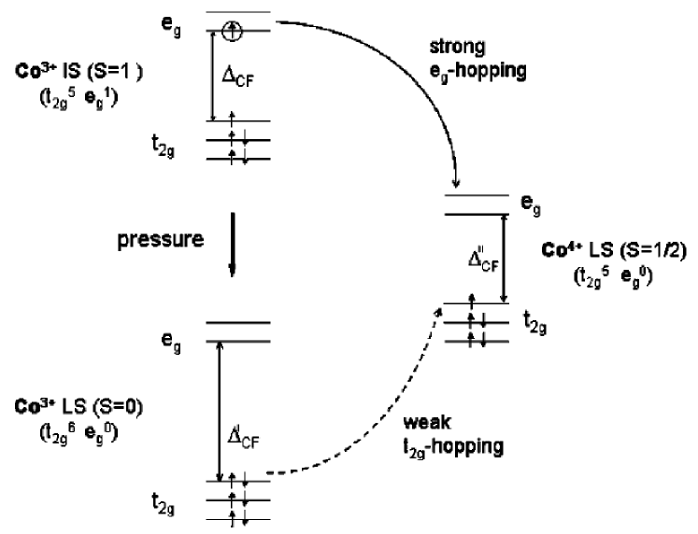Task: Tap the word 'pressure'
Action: pos(160,239)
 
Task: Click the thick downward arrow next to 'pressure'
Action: pos(233,246)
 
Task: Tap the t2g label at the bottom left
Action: pos(169,507)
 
